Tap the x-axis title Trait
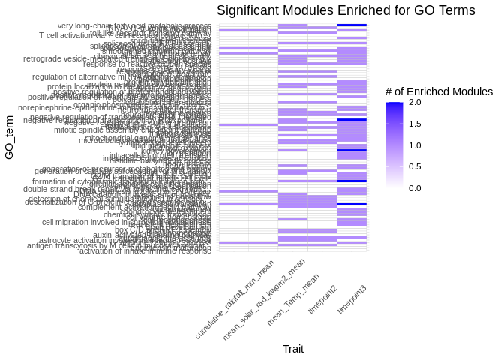[292, 349]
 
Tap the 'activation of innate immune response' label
[145, 250]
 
